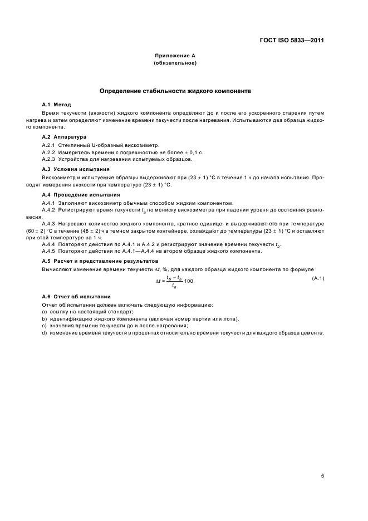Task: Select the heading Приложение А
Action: [x=175, y=56]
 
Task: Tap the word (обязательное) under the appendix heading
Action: [x=175, y=63]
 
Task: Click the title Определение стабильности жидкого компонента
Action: [x=175, y=90]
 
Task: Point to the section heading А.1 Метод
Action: [x=56, y=104]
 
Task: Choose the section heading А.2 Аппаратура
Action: [x=62, y=136]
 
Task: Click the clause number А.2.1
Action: [x=49, y=145]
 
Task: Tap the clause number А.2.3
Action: [x=49, y=159]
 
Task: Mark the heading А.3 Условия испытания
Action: [x=75, y=169]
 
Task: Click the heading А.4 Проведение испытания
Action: [x=81, y=194]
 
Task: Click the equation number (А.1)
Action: [x=318, y=278]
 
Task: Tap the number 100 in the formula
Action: [x=189, y=282]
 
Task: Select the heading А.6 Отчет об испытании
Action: [x=76, y=296]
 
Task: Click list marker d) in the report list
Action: [x=45, y=333]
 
